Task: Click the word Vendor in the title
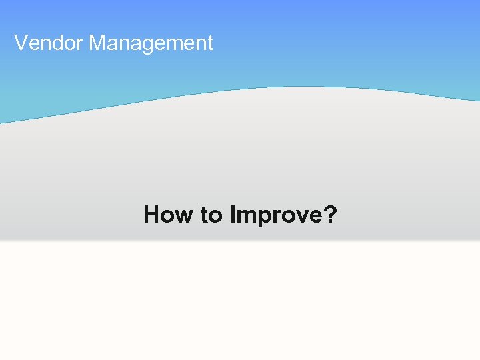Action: pos(49,43)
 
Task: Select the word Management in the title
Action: pos(151,43)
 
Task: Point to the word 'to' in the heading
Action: pos(212,215)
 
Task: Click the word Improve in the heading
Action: pos(275,215)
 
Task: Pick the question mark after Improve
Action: pos(330,215)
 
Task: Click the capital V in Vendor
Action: pos(21,43)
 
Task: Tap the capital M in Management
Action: pos(97,43)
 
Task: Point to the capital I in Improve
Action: pos(233,215)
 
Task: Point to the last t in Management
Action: pos(210,43)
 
